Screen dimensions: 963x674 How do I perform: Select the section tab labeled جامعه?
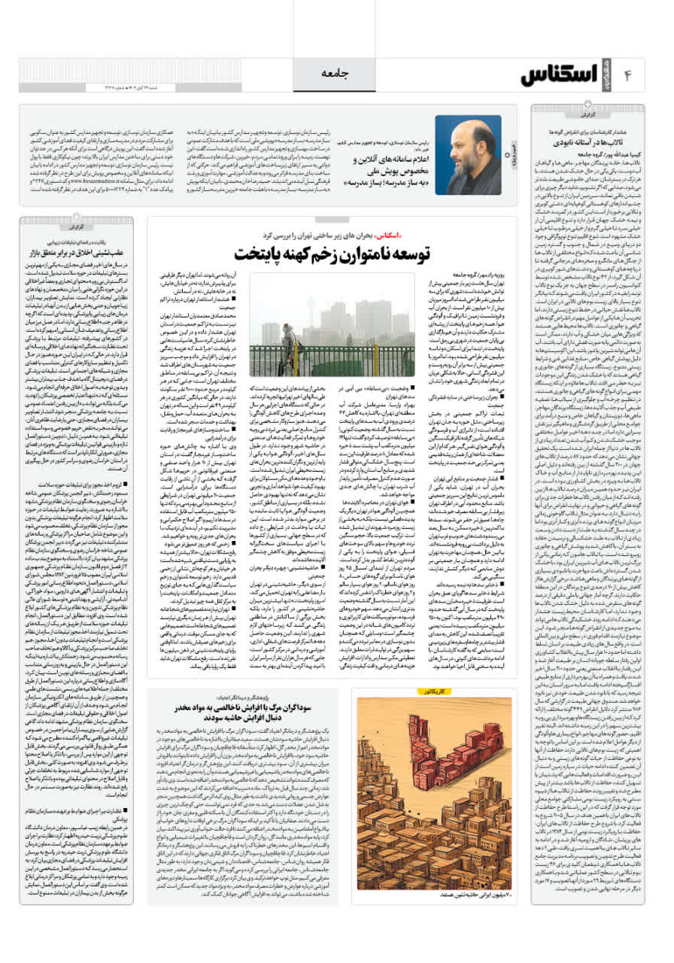point(335,73)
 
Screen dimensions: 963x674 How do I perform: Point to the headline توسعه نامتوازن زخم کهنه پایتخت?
point(332,252)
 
